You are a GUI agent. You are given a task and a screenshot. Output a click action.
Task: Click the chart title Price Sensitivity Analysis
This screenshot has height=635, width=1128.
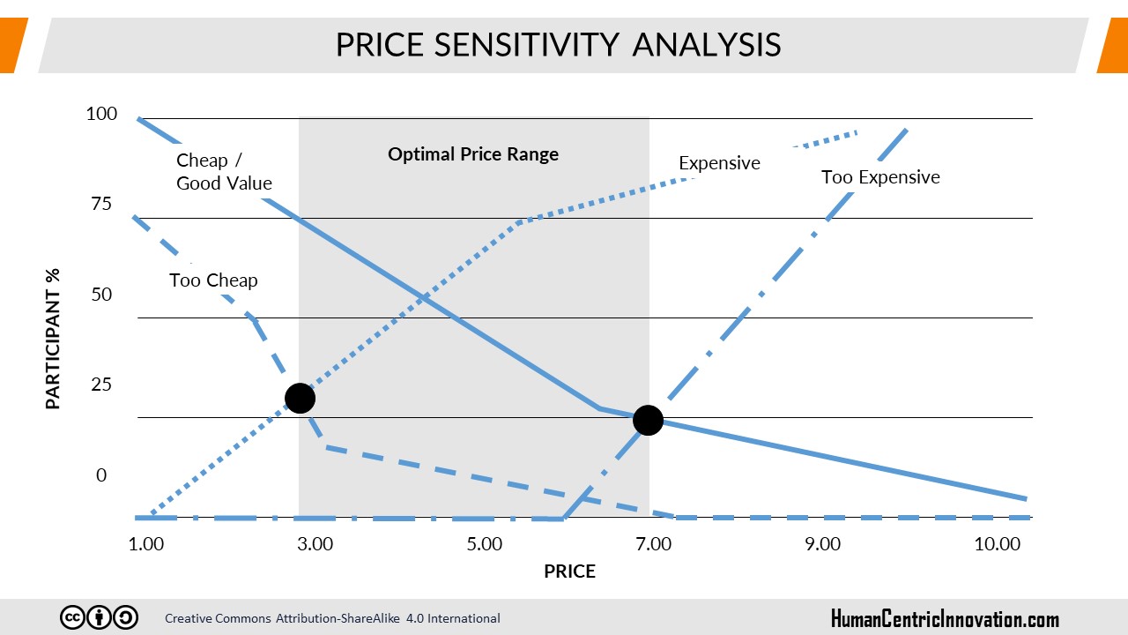[x=558, y=45]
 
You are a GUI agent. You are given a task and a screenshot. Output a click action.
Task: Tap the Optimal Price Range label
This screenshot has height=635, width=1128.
[x=473, y=154]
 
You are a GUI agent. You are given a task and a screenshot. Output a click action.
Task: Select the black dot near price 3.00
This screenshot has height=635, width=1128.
[x=300, y=399]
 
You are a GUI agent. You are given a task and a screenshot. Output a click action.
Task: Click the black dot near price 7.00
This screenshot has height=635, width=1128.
[x=648, y=421]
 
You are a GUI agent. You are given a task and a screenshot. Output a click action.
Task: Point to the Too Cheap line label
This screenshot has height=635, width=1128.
[x=213, y=280]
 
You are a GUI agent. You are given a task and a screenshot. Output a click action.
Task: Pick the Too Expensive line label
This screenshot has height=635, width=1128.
[x=880, y=177]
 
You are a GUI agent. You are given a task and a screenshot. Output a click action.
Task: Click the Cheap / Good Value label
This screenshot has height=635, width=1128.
[x=224, y=172]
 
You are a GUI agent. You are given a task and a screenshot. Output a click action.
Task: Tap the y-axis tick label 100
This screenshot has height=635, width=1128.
[x=101, y=114]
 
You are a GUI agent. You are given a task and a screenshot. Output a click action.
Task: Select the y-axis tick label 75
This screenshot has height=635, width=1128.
[x=101, y=204]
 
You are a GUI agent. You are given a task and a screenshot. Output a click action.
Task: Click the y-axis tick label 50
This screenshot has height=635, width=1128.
[x=101, y=295]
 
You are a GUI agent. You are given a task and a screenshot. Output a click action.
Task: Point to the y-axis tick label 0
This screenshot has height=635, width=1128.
[x=101, y=475]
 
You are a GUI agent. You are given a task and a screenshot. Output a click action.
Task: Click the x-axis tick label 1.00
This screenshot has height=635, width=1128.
[x=146, y=543]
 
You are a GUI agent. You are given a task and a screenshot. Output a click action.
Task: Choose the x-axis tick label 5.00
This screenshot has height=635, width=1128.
[x=485, y=543]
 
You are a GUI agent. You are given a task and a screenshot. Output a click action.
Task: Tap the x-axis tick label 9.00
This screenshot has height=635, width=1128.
[x=823, y=543]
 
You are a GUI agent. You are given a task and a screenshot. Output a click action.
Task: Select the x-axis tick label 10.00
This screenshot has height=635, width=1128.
[x=997, y=543]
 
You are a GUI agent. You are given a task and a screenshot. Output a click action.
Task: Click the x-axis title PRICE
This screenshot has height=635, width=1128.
[x=569, y=571]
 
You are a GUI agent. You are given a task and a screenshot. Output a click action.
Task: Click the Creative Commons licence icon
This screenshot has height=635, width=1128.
[x=99, y=617]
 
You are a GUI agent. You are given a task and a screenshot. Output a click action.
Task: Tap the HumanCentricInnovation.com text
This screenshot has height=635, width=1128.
[x=945, y=618]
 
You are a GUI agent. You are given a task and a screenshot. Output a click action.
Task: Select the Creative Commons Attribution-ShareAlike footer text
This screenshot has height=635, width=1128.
[x=332, y=618]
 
